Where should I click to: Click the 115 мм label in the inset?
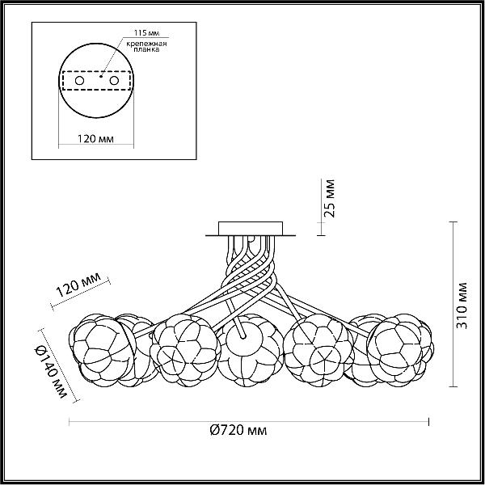tap(146, 33)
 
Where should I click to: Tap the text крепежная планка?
tap(146, 46)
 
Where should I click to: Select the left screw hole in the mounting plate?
tap(79, 81)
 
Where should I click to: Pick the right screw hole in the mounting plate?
tap(114, 81)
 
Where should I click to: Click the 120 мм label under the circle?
tap(95, 139)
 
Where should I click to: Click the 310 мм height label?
tap(462, 306)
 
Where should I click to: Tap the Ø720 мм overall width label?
tap(238, 430)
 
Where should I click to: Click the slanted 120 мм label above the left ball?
tap(78, 285)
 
